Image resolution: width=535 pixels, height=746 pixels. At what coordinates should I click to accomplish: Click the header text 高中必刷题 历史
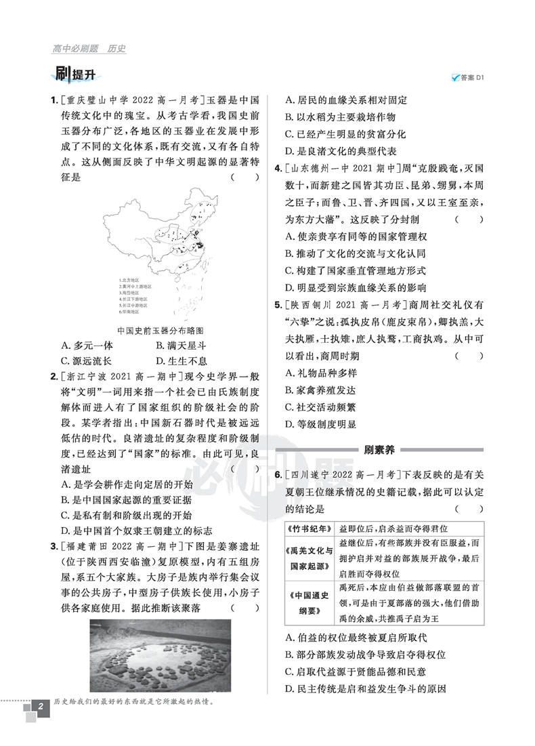click(x=89, y=49)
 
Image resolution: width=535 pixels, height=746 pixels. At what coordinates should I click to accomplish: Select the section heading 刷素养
click(x=379, y=449)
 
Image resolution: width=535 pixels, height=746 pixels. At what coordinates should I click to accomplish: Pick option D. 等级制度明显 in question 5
click(x=320, y=424)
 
